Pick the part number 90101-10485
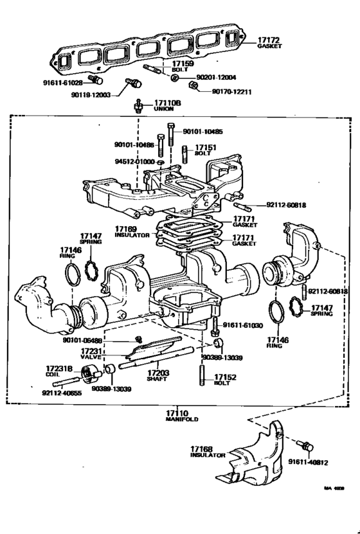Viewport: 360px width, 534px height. (x=203, y=132)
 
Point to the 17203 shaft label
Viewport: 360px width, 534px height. (x=157, y=375)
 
